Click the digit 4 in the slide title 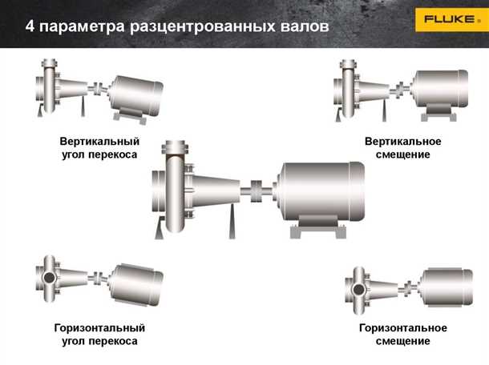(30, 26)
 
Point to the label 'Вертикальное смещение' (402, 148)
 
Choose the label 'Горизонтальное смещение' (402, 335)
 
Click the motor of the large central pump (320, 193)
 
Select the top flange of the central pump (175, 147)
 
